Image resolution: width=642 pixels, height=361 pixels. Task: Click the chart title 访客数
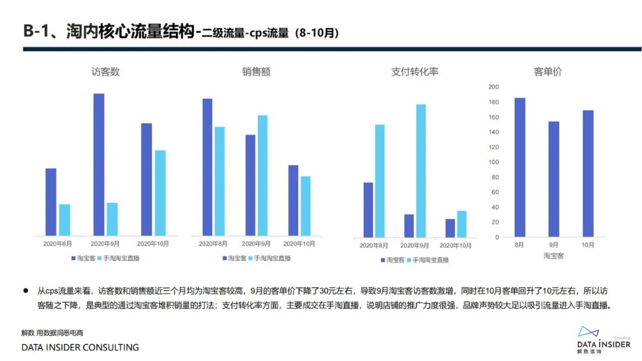[105, 72]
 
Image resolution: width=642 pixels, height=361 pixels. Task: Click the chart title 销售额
[256, 72]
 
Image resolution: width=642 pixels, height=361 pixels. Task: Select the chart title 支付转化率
[414, 72]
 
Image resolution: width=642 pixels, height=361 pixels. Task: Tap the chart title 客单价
[547, 72]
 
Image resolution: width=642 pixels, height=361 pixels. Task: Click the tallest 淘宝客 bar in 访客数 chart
[99, 164]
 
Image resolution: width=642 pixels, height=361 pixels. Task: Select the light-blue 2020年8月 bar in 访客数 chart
[65, 219]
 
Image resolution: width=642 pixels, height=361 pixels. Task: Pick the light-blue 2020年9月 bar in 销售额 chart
[262, 175]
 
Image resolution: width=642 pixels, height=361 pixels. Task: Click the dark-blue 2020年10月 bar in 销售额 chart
[293, 200]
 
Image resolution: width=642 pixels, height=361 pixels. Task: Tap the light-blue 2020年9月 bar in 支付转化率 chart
[421, 171]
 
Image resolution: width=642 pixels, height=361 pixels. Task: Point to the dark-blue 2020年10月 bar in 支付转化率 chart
[450, 228]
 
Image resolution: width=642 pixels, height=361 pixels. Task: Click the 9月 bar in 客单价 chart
[553, 179]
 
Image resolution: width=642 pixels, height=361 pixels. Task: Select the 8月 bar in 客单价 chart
[520, 167]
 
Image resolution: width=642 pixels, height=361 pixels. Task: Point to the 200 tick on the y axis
[493, 87]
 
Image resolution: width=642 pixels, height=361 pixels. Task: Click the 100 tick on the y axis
[493, 162]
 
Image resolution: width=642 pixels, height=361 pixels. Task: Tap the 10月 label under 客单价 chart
[587, 244]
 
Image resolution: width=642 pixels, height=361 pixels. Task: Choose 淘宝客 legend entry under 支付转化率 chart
[394, 260]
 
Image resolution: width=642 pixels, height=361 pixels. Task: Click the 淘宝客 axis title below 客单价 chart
[553, 256]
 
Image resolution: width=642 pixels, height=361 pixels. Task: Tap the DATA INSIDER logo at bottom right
[603, 339]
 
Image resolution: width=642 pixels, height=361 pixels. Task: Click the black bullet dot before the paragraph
[26, 291]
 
